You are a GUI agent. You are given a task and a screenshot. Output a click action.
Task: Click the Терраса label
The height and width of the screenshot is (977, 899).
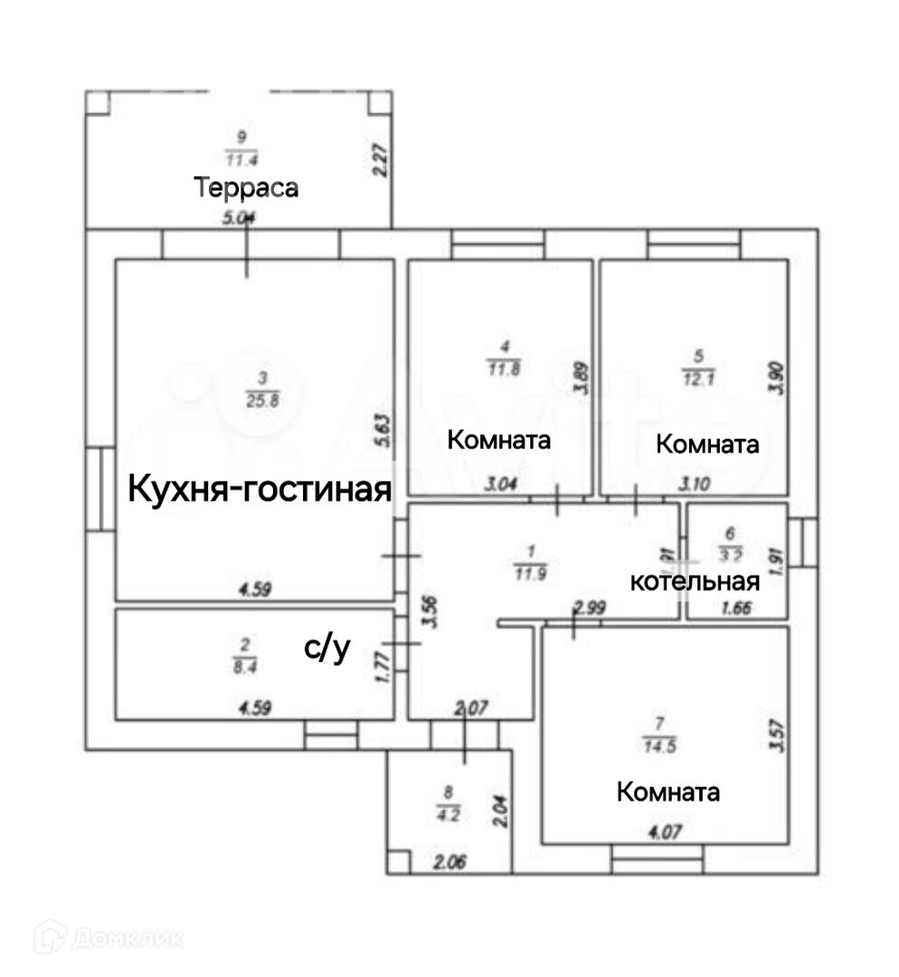click(246, 188)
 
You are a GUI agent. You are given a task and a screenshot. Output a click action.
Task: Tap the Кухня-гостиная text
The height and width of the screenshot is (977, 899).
click(260, 489)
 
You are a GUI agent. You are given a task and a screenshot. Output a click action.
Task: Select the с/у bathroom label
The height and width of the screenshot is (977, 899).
click(326, 648)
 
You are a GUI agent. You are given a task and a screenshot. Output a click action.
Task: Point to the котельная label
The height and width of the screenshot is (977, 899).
click(695, 582)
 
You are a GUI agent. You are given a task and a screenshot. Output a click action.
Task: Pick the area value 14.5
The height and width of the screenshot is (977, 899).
click(658, 741)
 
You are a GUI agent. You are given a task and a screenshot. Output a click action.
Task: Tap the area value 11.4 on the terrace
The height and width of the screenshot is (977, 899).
click(241, 160)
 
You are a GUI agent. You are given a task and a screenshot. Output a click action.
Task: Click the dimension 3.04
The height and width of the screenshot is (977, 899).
click(501, 485)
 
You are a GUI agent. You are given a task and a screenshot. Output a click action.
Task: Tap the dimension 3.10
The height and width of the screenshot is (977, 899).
click(697, 485)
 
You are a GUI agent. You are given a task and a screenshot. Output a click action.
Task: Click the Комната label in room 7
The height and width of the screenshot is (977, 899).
click(668, 792)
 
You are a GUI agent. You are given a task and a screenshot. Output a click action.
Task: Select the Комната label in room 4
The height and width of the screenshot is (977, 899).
click(499, 441)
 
